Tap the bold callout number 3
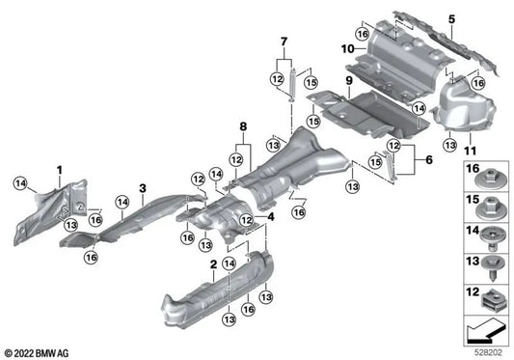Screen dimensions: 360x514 click(142, 187)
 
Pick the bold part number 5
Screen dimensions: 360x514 click(478, 17)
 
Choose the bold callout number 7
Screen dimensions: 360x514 click(284, 42)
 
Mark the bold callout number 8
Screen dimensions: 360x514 click(244, 125)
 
